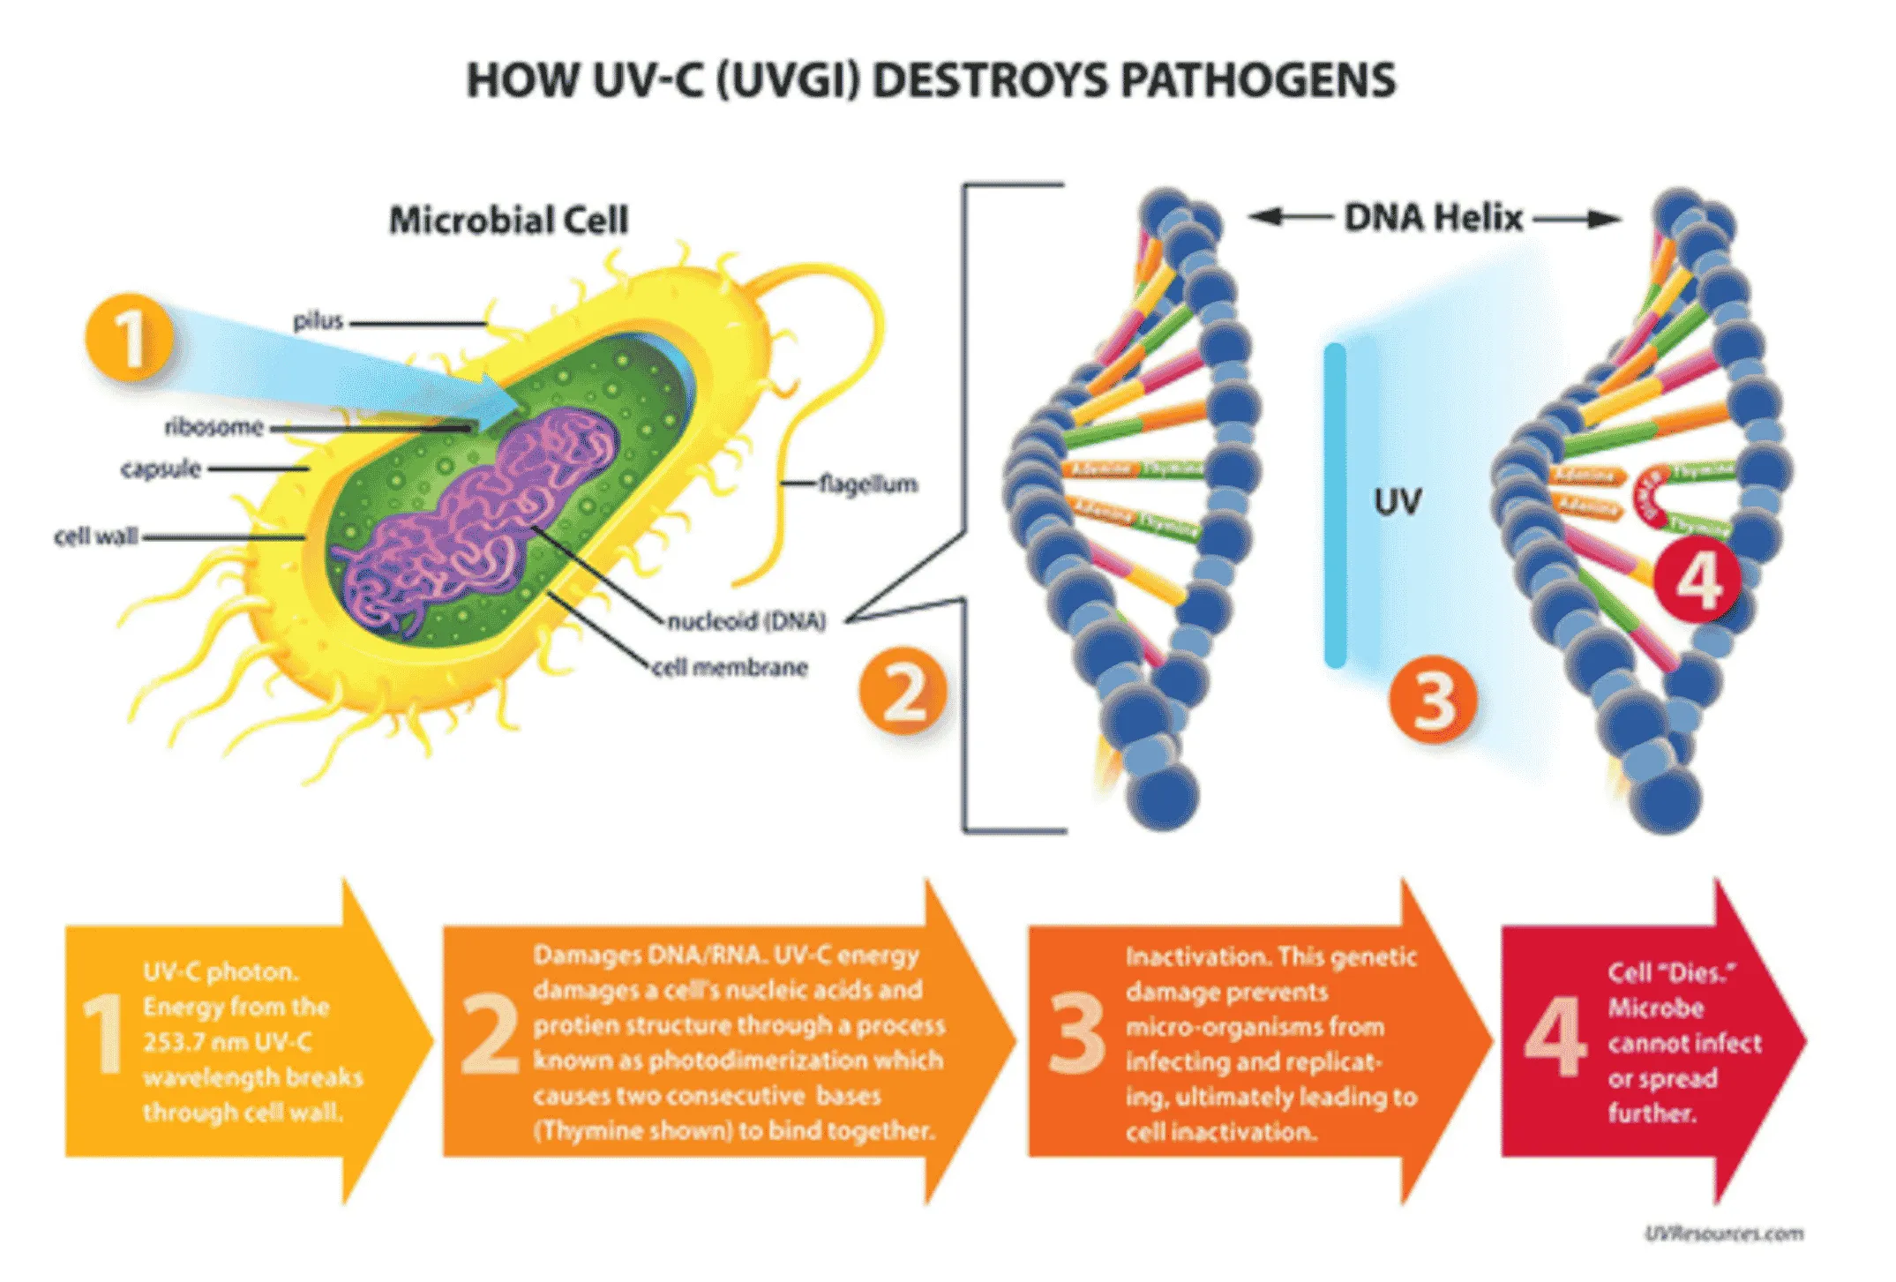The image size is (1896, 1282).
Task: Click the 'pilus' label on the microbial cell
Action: (318, 321)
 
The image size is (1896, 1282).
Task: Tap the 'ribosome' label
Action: (214, 427)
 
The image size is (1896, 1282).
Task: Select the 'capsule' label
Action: (161, 469)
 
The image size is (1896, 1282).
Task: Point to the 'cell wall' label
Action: (96, 536)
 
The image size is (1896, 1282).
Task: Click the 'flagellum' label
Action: (868, 484)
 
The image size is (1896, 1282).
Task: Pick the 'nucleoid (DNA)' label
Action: (746, 621)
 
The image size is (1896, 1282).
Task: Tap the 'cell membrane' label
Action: (730, 667)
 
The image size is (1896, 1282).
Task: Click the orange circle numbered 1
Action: (129, 338)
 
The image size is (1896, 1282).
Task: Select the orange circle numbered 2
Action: (903, 691)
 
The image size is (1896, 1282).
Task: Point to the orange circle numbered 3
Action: (1433, 700)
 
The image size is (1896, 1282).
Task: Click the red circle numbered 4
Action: (1697, 581)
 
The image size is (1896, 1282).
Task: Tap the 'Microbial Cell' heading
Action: (509, 221)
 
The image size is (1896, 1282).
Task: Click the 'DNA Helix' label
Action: (1434, 218)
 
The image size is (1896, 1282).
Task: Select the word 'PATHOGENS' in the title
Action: (1258, 81)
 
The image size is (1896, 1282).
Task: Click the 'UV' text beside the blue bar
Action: (1398, 502)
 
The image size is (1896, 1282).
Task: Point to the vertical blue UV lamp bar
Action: (1335, 506)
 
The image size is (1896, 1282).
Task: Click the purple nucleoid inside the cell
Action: (476, 521)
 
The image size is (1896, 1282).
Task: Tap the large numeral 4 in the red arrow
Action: (1555, 1037)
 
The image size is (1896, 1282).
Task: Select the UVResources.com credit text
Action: (1723, 1233)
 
